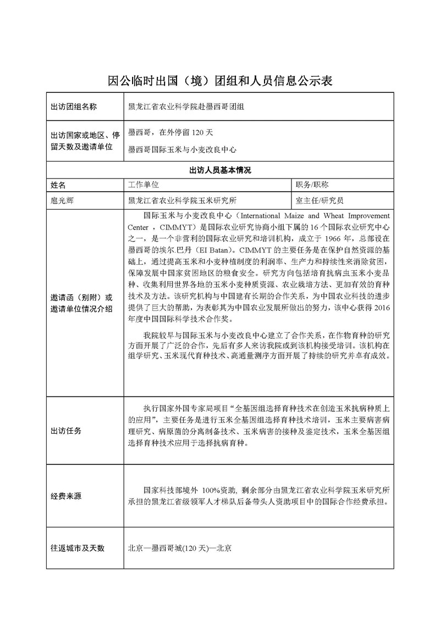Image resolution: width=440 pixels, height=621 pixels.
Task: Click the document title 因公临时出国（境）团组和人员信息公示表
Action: click(219, 82)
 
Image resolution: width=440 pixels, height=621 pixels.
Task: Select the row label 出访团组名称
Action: click(74, 107)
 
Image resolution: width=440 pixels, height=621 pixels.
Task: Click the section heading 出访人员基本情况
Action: click(219, 170)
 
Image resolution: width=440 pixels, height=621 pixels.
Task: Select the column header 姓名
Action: click(58, 184)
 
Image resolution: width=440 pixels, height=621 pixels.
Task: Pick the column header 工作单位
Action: click(143, 184)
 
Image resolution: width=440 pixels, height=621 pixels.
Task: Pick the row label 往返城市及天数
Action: click(78, 548)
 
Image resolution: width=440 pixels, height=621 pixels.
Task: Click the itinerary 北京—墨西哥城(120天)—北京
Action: click(179, 548)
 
